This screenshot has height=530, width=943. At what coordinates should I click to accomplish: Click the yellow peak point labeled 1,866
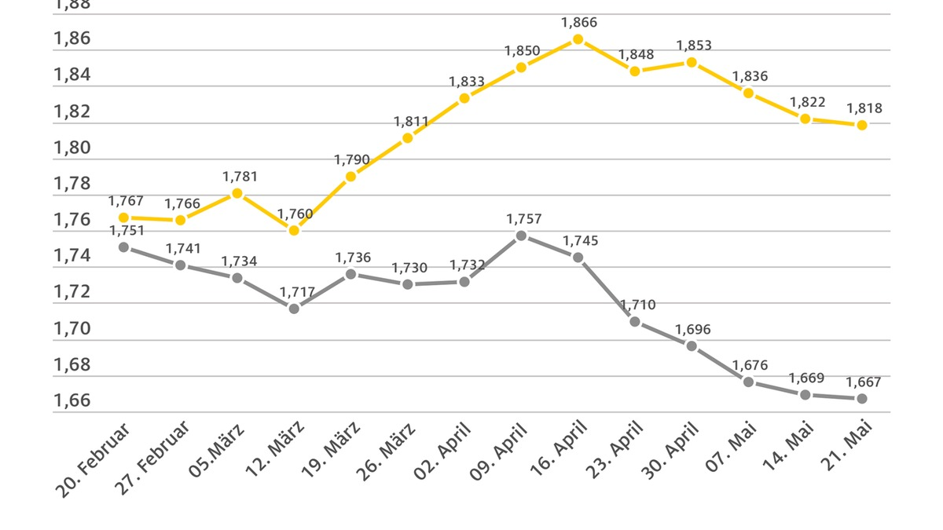578,39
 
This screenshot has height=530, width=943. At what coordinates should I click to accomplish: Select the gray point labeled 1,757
521,236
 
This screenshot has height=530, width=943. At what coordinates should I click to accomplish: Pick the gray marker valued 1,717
294,309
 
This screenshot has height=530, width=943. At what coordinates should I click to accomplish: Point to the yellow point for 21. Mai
862,125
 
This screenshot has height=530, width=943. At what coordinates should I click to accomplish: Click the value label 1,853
694,46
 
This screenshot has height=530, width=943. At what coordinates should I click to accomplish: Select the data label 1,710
637,305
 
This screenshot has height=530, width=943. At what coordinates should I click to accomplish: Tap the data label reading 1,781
240,177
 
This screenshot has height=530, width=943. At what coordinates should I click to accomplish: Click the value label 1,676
750,365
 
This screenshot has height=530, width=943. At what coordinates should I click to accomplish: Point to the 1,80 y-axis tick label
72,148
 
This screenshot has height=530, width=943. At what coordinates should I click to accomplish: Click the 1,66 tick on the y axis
72,401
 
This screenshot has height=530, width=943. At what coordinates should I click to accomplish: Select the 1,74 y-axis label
72,256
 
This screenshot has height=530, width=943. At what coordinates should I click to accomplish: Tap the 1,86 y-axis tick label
72,38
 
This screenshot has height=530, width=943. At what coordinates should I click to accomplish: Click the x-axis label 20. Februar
94,459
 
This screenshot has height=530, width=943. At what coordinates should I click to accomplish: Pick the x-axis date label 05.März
216,451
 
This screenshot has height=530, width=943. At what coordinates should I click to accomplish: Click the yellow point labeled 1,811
407,138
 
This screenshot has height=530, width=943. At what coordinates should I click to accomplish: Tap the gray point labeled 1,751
123,247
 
